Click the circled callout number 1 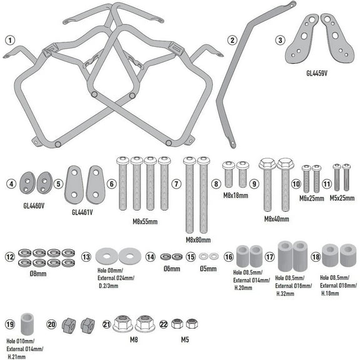pos(10,41)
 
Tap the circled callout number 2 pos(232,40)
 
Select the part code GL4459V pos(317,73)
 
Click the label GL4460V pos(34,206)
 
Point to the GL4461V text pos(82,212)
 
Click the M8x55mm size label pos(145,221)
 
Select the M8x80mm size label pos(198,240)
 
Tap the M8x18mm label pos(236,196)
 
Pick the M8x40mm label pos(277,219)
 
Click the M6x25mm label pos(312,198)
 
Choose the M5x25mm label pos(342,198)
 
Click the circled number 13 pos(86,257)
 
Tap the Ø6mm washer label pos(172,269)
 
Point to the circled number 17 pos(270,257)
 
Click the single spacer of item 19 pos(27,324)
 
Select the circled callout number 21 pos(107,324)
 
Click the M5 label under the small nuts pos(185,339)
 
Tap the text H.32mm pos(285,294)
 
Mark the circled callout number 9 pos(254,184)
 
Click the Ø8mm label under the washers pos(38,274)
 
